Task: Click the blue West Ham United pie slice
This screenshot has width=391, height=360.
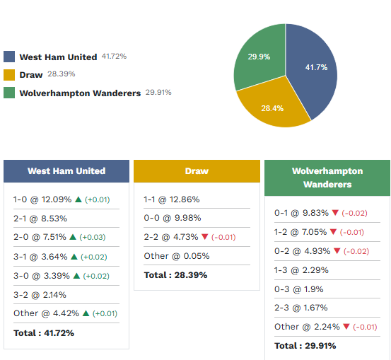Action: click(x=311, y=71)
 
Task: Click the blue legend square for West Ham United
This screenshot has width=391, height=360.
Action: click(x=9, y=57)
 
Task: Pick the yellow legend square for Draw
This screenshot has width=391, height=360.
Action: click(x=9, y=74)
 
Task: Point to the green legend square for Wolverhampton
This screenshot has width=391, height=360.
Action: click(x=9, y=93)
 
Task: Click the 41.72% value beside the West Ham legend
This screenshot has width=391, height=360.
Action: click(x=114, y=56)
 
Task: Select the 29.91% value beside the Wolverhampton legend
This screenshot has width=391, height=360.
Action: click(x=158, y=92)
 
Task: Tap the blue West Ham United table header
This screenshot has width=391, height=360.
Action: click(x=66, y=171)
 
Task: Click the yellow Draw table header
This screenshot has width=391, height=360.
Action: click(x=197, y=171)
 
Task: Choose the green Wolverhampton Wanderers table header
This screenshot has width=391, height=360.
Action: click(x=327, y=178)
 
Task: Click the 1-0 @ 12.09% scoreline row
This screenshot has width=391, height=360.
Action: click(x=42, y=199)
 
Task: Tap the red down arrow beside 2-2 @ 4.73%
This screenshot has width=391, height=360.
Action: click(x=204, y=237)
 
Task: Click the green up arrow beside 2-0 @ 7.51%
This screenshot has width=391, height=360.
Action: click(x=73, y=238)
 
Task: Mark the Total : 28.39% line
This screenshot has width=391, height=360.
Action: click(x=175, y=274)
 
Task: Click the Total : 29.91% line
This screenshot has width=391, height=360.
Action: click(x=305, y=345)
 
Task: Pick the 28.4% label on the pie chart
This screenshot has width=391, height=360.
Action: click(x=272, y=108)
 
